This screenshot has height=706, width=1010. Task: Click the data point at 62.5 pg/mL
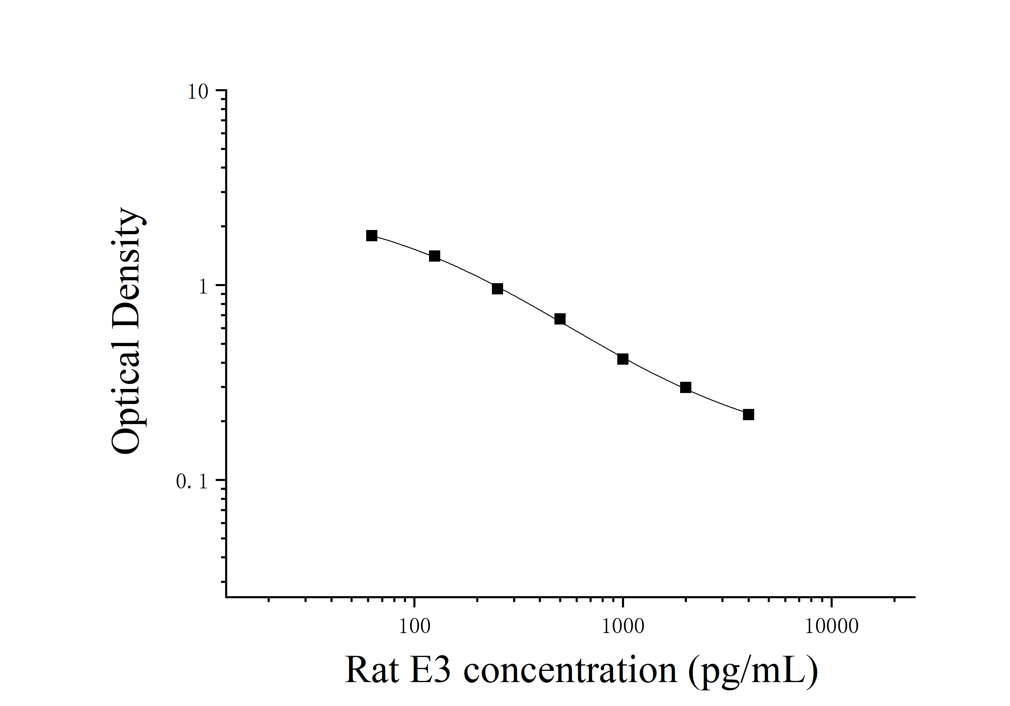click(372, 235)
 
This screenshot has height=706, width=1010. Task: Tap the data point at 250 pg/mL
click(497, 289)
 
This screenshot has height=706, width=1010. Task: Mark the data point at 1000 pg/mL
click(623, 359)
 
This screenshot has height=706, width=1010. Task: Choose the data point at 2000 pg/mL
click(686, 388)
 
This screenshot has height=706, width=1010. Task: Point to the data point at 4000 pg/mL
click(749, 415)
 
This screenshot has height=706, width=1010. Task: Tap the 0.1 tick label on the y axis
click(191, 482)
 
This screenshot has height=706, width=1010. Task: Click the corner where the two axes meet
click(226, 597)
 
